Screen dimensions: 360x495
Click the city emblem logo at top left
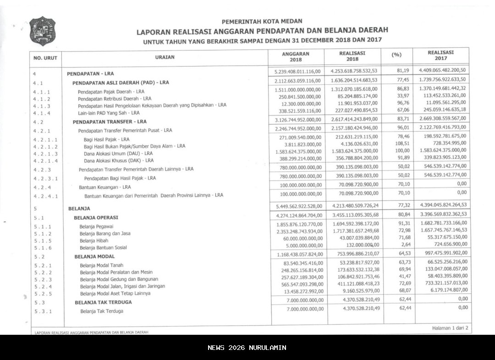[x=42, y=31]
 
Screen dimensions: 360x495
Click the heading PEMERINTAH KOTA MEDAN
[x=262, y=21]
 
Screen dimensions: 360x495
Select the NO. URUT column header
[x=45, y=58]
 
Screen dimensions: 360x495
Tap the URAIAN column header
[x=165, y=57]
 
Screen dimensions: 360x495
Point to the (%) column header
[x=396, y=55]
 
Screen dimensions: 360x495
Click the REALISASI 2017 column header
[x=440, y=55]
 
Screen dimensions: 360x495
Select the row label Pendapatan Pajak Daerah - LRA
[x=111, y=92]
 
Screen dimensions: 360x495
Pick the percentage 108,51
[x=396, y=143]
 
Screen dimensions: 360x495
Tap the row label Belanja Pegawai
[x=96, y=227]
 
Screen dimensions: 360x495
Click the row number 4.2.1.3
[x=45, y=154]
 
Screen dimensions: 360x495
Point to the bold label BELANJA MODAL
[x=94, y=257]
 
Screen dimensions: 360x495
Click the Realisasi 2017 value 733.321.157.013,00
[x=440, y=283]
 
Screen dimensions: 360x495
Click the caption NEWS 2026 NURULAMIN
[x=247, y=348]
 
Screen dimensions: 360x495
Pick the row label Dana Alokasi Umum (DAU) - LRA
[x=118, y=153]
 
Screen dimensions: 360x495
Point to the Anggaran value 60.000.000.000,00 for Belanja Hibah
[x=301, y=239]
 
